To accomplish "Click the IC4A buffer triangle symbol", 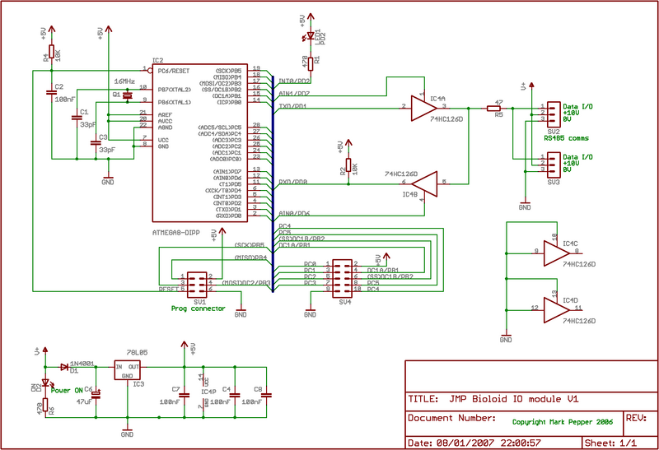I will pos(424,107).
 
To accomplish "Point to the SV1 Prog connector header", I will pos(197,283).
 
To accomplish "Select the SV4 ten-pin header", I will pos(341,277).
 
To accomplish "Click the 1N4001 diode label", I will pos(81,361).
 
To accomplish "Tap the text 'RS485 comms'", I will pos(565,137).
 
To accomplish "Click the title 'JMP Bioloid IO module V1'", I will pos(516,398).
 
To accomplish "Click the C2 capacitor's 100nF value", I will pos(65,99).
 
